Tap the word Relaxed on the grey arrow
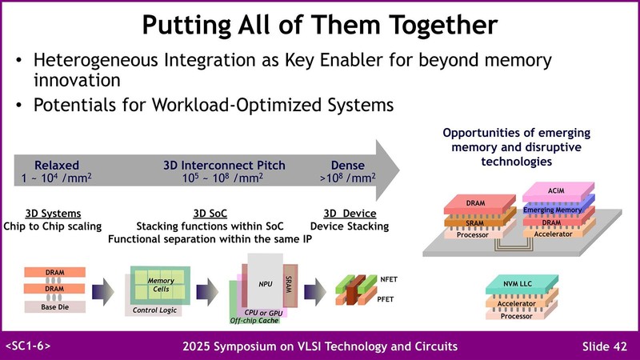(x=56, y=166)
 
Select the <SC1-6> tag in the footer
(x=29, y=346)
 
